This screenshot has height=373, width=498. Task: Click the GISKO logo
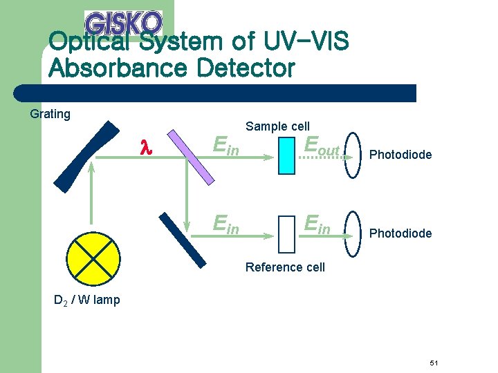point(123,23)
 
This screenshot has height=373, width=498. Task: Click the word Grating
point(50,114)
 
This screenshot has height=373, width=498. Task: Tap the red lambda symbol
point(145,147)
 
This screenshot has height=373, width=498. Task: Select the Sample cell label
point(277,126)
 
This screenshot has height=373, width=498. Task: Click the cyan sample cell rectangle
point(286,155)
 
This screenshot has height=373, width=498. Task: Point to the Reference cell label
point(285,267)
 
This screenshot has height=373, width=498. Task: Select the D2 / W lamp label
point(87,300)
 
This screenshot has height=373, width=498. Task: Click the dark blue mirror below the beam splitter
point(182,238)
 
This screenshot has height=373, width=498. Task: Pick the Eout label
point(322,147)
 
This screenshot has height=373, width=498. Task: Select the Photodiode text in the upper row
point(400,155)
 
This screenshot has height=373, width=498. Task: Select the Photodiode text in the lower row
point(400,233)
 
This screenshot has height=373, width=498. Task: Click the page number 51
point(434,363)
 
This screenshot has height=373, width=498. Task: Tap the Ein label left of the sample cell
point(226,146)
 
